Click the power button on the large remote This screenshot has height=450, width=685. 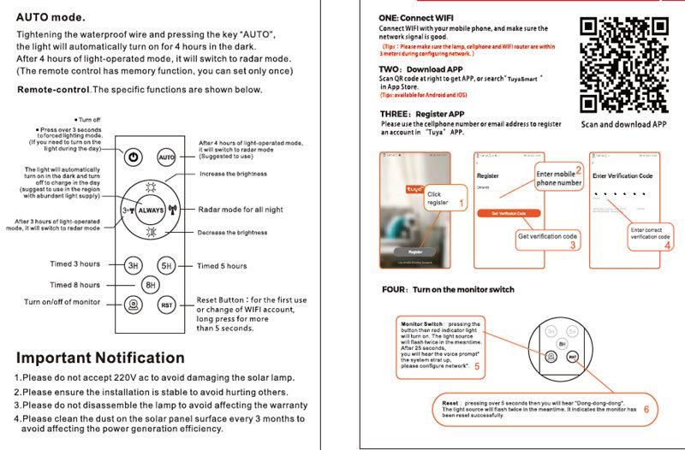(x=133, y=157)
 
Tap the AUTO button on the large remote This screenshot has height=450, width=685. (x=166, y=157)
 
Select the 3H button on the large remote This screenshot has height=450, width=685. (x=133, y=265)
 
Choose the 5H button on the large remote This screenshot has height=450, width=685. (x=167, y=265)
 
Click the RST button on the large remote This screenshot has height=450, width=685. (x=166, y=305)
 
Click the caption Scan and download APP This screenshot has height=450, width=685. (x=623, y=124)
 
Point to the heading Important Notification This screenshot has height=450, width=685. (x=100, y=358)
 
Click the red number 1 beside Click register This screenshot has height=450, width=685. (x=462, y=203)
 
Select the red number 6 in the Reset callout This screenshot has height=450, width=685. (x=646, y=409)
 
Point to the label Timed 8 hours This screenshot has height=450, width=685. (x=74, y=285)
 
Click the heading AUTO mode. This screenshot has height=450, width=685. (x=51, y=16)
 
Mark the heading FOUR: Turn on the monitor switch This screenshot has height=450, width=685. (x=448, y=290)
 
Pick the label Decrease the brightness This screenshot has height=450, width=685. (x=233, y=233)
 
